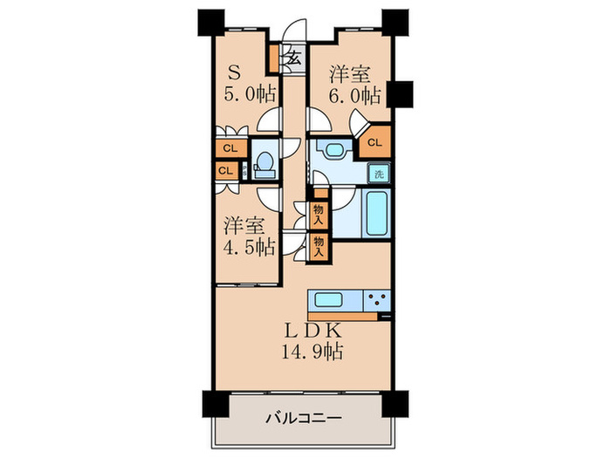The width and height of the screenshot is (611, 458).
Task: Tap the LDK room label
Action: tap(305, 333)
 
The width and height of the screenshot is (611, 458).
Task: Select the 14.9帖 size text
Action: tap(305, 352)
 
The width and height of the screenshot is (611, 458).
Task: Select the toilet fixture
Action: tap(264, 164)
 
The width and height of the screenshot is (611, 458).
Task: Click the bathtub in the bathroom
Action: tap(376, 216)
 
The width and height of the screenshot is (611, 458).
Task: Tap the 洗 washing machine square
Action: tap(379, 173)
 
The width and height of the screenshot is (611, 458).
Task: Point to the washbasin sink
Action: tap(331, 149)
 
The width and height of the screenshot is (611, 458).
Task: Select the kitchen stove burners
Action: tap(379, 302)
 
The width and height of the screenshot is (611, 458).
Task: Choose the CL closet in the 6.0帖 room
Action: tap(375, 143)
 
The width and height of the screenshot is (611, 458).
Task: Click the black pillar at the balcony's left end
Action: tap(213, 403)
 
